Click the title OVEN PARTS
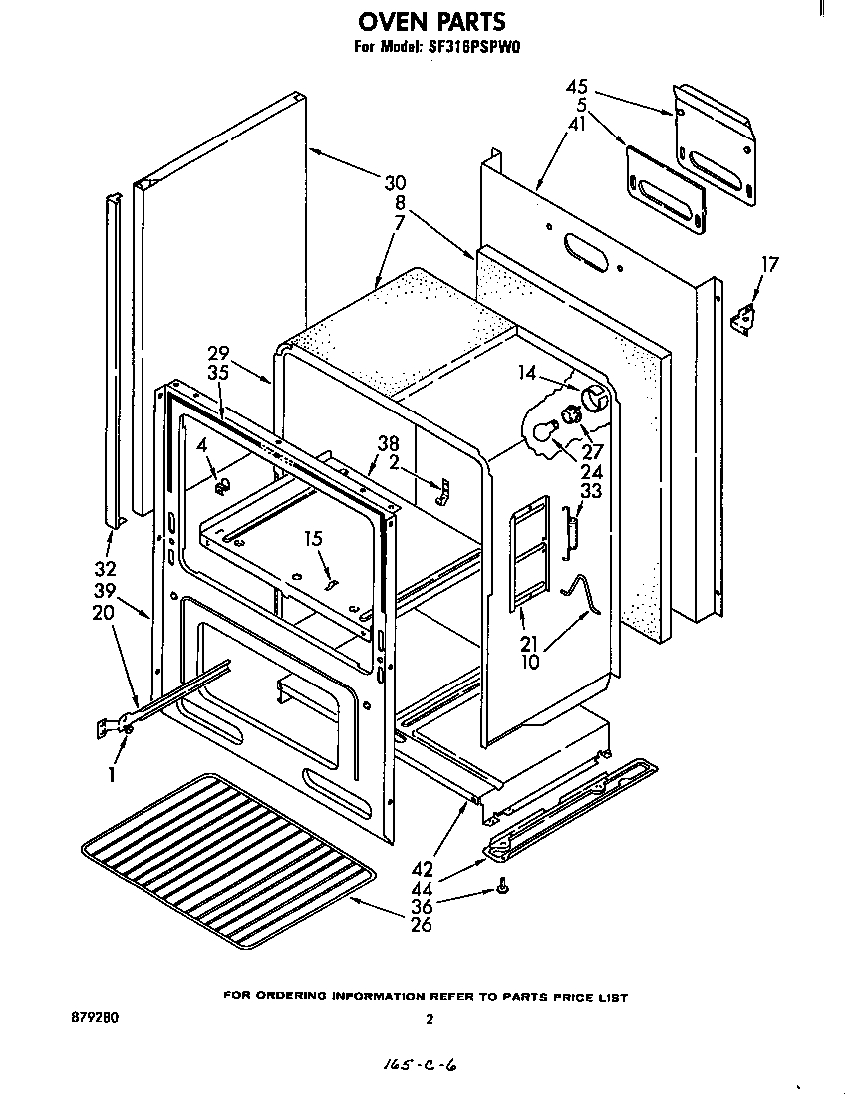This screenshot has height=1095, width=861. click(430, 20)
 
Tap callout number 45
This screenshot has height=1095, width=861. click(578, 87)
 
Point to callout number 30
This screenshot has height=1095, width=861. click(395, 183)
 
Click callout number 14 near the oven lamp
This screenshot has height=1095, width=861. click(528, 374)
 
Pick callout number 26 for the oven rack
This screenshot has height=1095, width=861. click(423, 925)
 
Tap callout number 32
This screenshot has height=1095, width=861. click(105, 571)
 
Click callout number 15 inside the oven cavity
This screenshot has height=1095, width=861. click(314, 539)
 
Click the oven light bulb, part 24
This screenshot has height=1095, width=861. click(543, 430)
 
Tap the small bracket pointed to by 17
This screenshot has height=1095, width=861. click(740, 320)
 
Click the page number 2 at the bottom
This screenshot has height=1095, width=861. click(430, 1019)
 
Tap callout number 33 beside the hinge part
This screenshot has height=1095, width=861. click(591, 491)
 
